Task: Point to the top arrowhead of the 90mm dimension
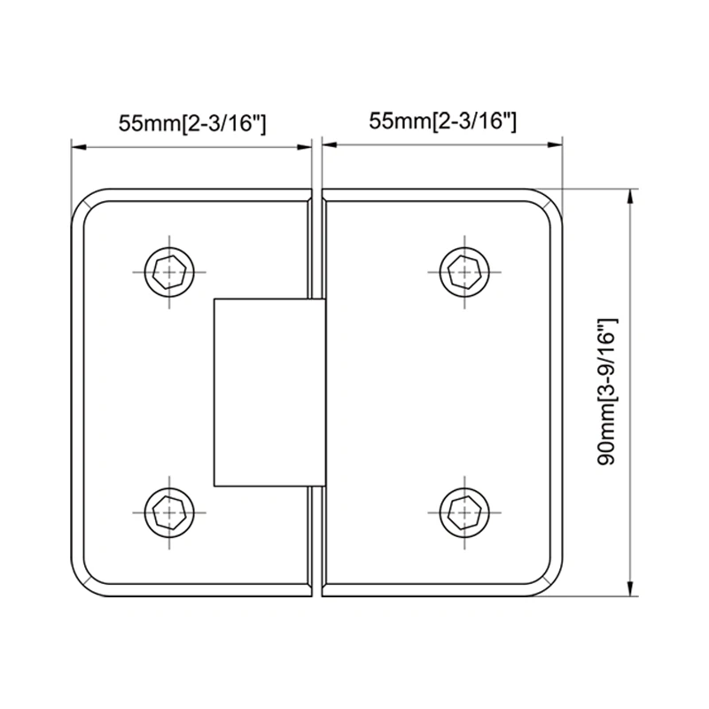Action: pos(631,195)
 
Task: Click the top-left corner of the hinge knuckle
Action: pos(214,299)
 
